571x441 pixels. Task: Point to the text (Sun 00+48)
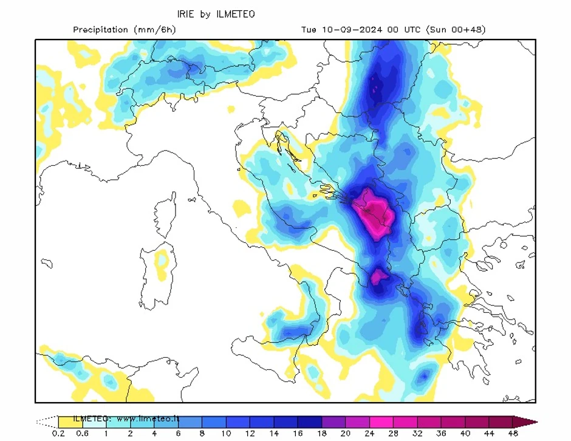pos(456,30)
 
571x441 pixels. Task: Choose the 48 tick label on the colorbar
pos(513,434)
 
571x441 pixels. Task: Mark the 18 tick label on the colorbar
pos(321,434)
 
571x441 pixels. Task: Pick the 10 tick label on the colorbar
pos(226,434)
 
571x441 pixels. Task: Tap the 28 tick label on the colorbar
pos(393,434)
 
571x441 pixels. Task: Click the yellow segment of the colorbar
pos(70,422)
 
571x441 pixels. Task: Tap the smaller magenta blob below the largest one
pos(380,277)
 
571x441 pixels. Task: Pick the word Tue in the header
pos(309,30)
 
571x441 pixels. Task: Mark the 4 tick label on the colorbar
pos(154,434)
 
